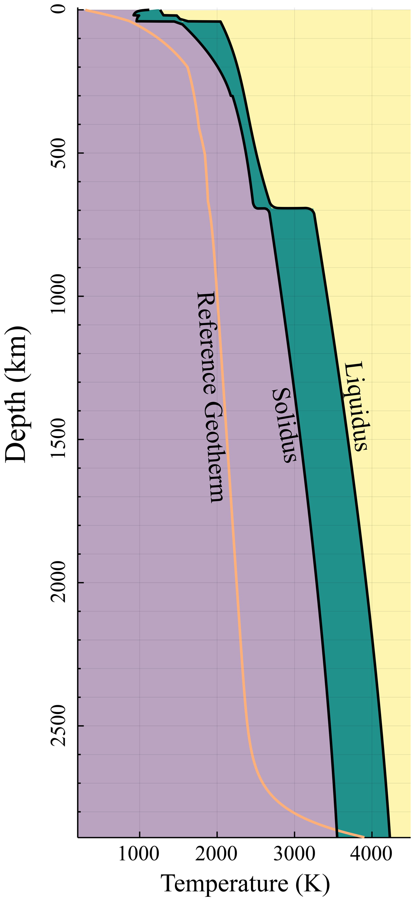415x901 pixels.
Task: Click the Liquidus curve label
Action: click(356, 406)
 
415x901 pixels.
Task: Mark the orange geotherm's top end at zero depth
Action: click(86, 11)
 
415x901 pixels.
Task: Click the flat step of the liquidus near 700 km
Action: click(290, 208)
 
